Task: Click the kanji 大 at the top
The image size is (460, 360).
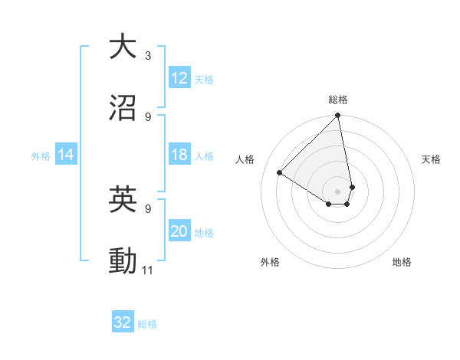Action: [x=123, y=47]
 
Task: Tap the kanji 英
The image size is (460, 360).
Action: [x=123, y=199]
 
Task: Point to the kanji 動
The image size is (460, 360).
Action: [x=123, y=260]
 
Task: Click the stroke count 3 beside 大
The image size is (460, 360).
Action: [x=147, y=56]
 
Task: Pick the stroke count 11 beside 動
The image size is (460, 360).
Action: [x=148, y=270]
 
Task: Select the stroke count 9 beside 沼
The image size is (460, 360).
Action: [x=147, y=116]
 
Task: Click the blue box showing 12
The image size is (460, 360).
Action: [x=179, y=79]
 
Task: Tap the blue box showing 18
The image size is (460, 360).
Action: [x=179, y=155]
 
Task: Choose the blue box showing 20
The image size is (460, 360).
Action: [x=179, y=232]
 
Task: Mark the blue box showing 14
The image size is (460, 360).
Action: [x=66, y=155]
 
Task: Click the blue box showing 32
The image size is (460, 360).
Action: [x=123, y=322]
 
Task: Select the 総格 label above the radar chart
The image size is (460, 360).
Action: [x=338, y=100]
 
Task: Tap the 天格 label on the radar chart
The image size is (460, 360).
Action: [x=431, y=159]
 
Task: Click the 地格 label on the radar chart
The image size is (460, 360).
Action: [x=402, y=262]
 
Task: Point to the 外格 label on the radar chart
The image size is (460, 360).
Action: [x=270, y=262]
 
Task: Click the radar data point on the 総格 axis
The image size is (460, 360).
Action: [x=337, y=116]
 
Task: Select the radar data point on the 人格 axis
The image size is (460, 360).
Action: [x=280, y=173]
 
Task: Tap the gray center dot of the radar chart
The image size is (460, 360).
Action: [x=337, y=191]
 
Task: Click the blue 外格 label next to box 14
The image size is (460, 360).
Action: [x=41, y=156]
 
